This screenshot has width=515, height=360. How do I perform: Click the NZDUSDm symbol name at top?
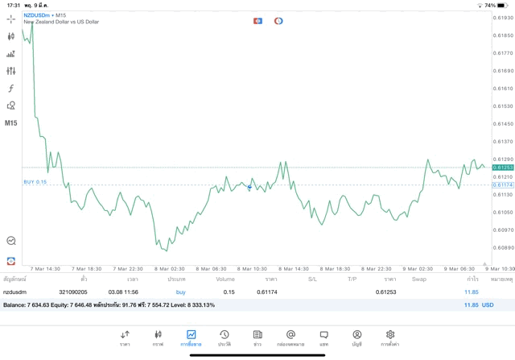(x=37, y=14)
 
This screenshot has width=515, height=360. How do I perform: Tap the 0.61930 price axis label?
(x=504, y=18)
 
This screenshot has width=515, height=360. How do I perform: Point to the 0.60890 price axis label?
(x=504, y=247)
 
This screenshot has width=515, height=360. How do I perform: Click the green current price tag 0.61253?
(x=504, y=168)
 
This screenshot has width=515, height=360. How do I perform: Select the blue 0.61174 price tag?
(x=504, y=184)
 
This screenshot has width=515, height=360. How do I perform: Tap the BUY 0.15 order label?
(x=35, y=182)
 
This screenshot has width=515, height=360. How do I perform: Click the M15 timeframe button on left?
(x=11, y=123)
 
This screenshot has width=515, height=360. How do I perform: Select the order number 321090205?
(x=73, y=292)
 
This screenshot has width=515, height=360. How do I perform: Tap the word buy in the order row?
(x=180, y=292)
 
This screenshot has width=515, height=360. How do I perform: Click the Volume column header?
(x=225, y=279)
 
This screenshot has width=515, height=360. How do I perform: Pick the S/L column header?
(x=312, y=279)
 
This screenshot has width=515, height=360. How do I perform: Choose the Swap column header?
(x=419, y=279)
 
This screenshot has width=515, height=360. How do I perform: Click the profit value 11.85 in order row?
(x=471, y=292)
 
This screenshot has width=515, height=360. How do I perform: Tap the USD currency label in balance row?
(x=488, y=305)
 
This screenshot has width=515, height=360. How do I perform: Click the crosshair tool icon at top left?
(x=11, y=19)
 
